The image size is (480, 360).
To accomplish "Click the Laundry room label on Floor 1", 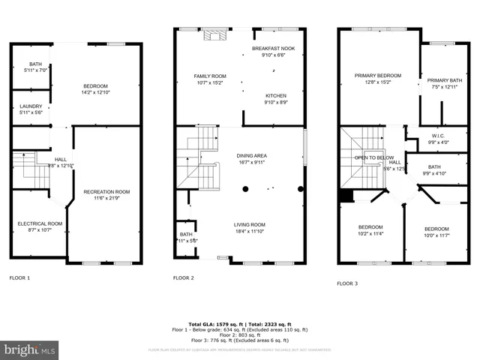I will coord(31,106).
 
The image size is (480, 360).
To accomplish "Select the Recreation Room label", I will coord(106,192).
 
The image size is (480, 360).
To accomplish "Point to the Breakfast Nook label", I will coord(273,48).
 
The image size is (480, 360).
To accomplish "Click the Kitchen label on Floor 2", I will coord(276,96).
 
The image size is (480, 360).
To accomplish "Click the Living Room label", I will coord(250,224).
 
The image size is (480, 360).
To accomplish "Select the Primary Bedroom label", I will coord(378,76).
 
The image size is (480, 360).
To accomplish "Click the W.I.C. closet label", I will coord(437,136).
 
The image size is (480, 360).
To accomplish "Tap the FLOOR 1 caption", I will coord(19,278).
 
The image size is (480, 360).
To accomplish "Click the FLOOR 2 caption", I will coord(184,278).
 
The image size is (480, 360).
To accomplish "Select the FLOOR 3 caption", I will coord(347,283).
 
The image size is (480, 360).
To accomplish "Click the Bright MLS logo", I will coord(30,349).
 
